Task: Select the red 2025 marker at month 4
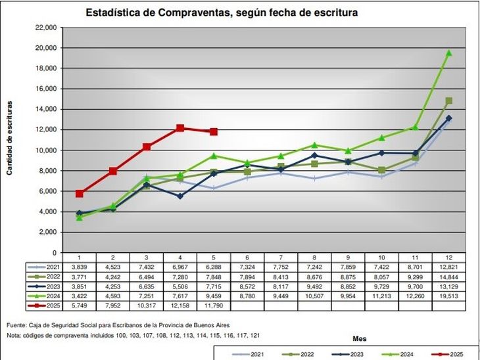[x=180, y=128]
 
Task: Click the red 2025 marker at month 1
[x=79, y=194]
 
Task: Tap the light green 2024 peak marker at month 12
[x=449, y=53]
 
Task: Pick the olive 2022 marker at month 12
[x=449, y=101]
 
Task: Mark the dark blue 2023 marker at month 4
[x=180, y=196]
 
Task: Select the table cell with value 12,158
[x=180, y=305]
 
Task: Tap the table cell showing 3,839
[x=79, y=267]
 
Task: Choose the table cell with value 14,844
[x=449, y=277]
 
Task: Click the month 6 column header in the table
[x=248, y=258]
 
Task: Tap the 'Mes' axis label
[x=359, y=339]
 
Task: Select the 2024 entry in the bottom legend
[x=400, y=355]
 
